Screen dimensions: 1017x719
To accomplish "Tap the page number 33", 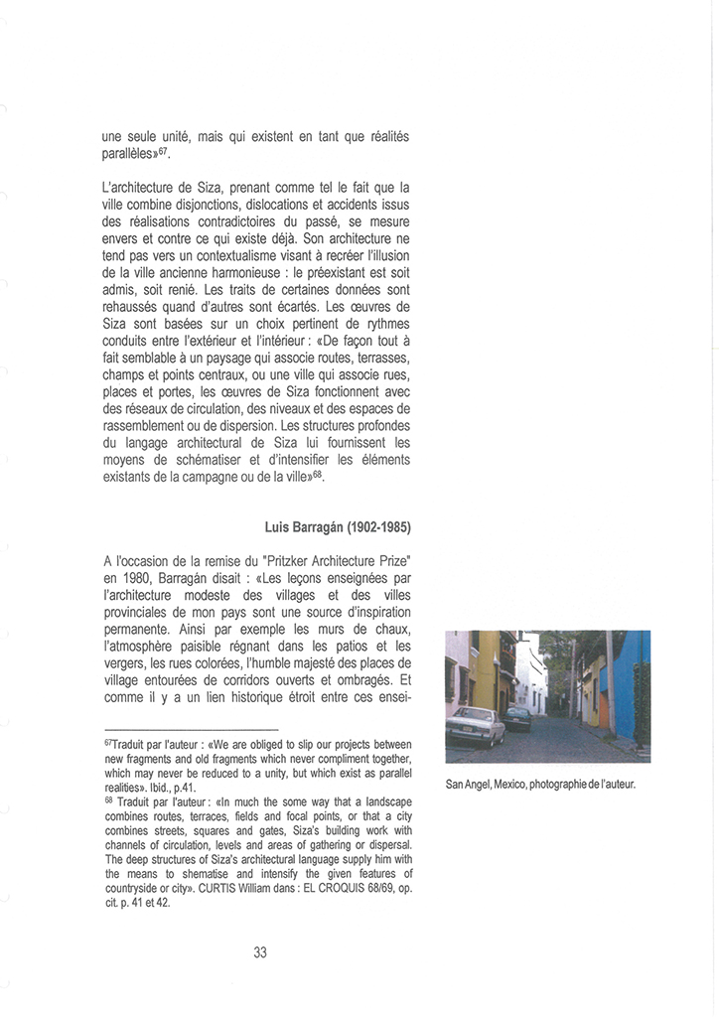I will (260, 952).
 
